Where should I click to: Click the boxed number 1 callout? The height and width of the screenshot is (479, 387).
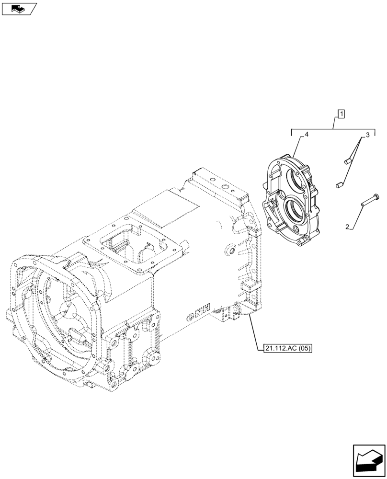click(341, 114)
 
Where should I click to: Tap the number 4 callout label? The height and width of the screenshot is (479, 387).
click(306, 136)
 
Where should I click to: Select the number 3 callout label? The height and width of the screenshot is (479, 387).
click(367, 136)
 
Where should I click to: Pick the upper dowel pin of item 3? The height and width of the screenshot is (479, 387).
click(348, 162)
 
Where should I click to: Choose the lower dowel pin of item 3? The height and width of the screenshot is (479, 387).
click(339, 184)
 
